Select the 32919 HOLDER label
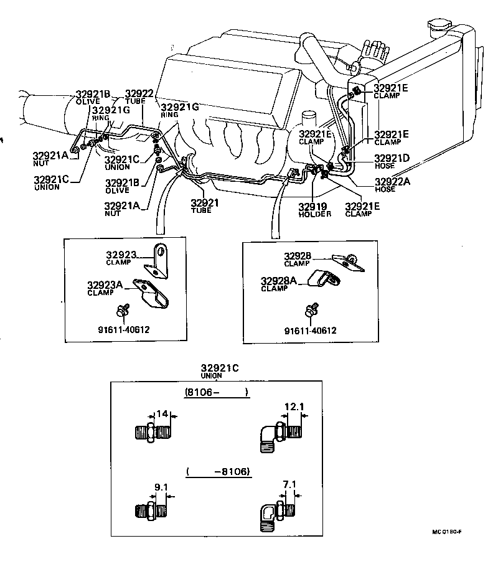(x=314, y=209)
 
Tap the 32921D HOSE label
(x=392, y=161)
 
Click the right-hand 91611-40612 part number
(x=310, y=331)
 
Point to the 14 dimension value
(x=162, y=413)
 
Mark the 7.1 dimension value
(x=288, y=484)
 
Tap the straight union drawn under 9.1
(x=150, y=511)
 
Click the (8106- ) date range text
(x=217, y=392)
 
